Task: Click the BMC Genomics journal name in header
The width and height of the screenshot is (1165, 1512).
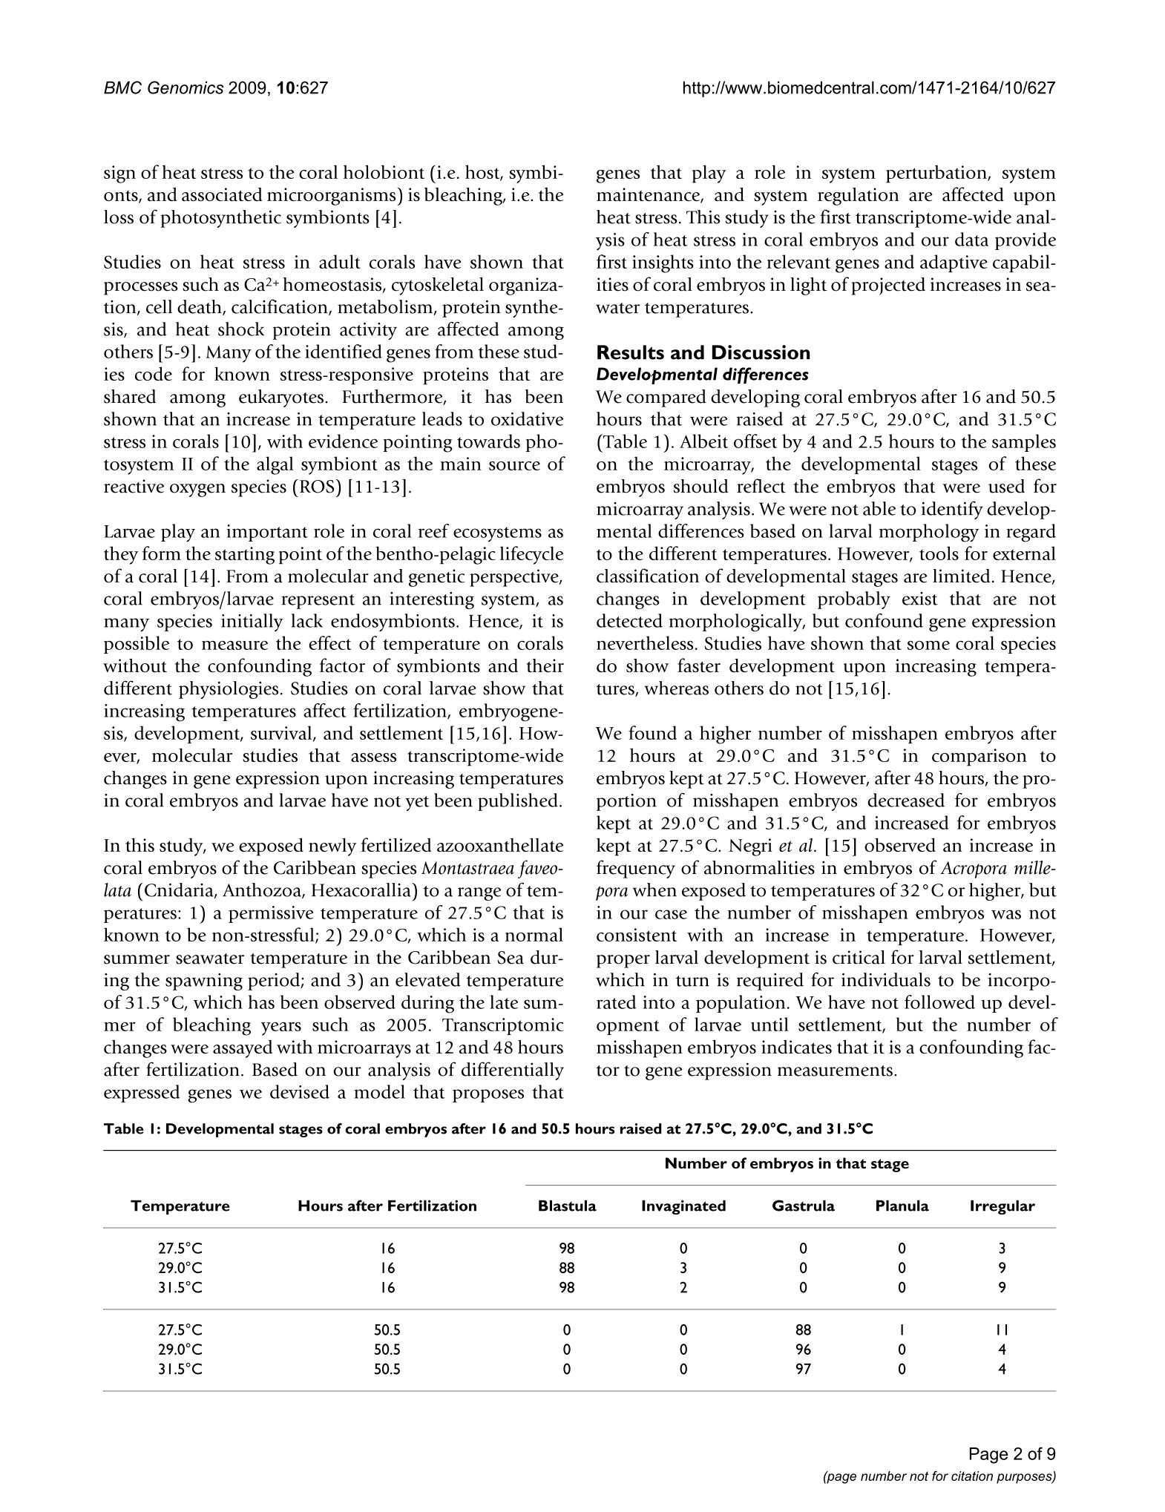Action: pos(163,88)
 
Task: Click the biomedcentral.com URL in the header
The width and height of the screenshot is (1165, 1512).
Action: pos(868,88)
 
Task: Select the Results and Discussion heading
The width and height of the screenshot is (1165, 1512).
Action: pos(703,352)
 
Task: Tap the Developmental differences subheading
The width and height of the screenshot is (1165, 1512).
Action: pos(702,374)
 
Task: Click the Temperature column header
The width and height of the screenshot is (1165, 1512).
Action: pos(180,1206)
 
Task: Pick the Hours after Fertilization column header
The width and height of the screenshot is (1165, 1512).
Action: pos(387,1206)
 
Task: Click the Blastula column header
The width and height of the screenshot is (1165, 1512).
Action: pos(567,1206)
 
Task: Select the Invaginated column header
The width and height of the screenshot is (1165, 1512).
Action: pos(683,1206)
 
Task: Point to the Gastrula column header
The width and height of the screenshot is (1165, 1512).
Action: pos(803,1206)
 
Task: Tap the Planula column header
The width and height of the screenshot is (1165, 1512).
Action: pos(902,1206)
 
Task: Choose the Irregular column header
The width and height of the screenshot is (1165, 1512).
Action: pos(1002,1206)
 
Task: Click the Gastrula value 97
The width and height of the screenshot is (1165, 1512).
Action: pos(803,1369)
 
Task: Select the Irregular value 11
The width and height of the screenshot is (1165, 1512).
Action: pos(1002,1330)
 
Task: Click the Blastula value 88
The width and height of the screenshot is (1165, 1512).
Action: pos(567,1268)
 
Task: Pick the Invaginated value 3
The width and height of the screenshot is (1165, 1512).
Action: pos(683,1268)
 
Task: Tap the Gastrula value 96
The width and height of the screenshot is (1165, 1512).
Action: pos(803,1350)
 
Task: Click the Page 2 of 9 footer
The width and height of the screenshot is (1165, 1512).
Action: pos(1011,1454)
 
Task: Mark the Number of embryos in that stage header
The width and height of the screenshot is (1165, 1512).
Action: pos(787,1163)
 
